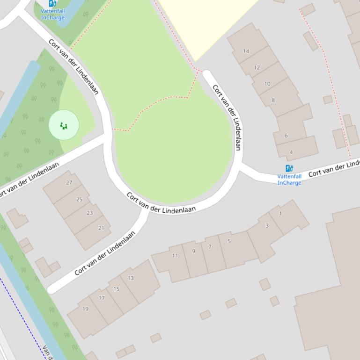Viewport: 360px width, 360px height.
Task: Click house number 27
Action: coord(69,183)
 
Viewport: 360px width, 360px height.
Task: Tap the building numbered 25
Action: coord(79,200)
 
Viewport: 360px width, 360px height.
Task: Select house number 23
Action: coord(90,213)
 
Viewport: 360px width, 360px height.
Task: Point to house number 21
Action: coord(101,228)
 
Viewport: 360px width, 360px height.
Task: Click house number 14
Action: coord(246,51)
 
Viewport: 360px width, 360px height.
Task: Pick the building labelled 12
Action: coord(257,68)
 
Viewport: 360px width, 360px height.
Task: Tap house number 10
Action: coord(267,84)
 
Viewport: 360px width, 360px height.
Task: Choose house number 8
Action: coord(273,100)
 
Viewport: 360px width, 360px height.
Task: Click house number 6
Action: coord(286,136)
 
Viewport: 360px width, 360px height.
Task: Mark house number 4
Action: coord(291,152)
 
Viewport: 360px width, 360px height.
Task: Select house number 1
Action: coord(280,214)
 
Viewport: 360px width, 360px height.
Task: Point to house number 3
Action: coord(267,226)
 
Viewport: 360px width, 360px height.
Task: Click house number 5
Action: coord(229,242)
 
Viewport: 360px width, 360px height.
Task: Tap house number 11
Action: coord(175,256)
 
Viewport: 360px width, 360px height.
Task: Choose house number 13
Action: coord(131,278)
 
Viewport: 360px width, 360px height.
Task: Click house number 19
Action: coord(86,309)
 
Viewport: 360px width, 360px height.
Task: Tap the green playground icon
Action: coord(64,125)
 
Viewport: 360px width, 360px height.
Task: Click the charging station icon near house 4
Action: coord(289,168)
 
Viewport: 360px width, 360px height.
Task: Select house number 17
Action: coord(102,298)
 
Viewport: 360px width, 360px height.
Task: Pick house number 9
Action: coord(193,252)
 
